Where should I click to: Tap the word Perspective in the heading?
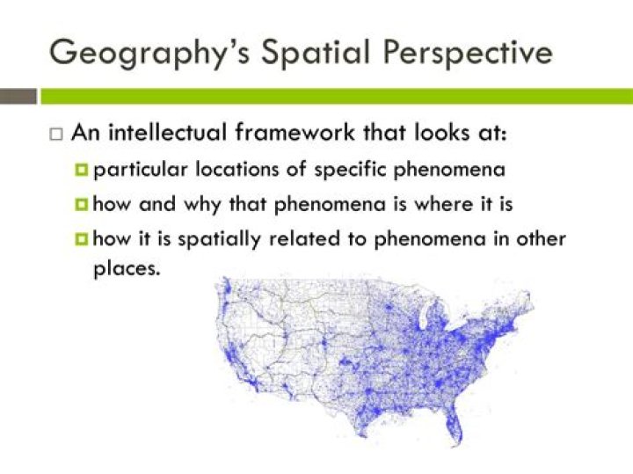point(468,53)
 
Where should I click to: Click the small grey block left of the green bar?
point(18,96)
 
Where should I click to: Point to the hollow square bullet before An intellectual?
point(56,135)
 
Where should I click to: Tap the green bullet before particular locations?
point(81,170)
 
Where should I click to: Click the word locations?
point(237,169)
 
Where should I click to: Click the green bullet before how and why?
point(81,205)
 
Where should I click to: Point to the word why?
point(202,205)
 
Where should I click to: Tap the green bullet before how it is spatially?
point(81,240)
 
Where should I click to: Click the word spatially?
point(219,240)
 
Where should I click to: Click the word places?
point(127,269)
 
